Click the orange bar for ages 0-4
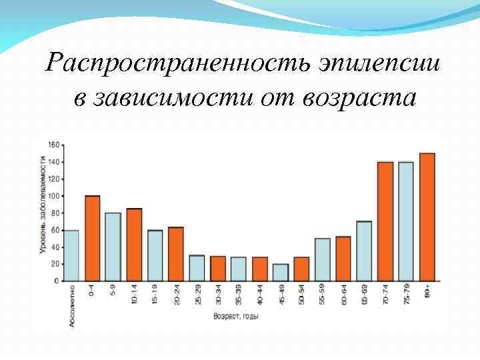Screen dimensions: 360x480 tap(93, 238)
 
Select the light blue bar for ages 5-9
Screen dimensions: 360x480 tap(113, 247)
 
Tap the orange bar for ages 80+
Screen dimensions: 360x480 tap(427, 217)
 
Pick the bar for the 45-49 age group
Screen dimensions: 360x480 tap(281, 272)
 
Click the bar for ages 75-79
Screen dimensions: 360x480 tap(405, 221)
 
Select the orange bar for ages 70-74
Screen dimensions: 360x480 tap(385, 221)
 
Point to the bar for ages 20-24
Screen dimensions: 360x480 tap(176, 254)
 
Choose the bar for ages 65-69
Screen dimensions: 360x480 tap(364, 251)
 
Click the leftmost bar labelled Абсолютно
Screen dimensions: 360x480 tap(71, 255)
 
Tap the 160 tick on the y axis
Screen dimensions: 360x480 tap(54, 145)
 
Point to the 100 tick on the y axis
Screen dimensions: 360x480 tap(54, 196)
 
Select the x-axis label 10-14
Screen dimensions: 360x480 tap(134, 295)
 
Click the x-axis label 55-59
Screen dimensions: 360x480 tap(323, 295)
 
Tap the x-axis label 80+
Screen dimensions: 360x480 tap(427, 291)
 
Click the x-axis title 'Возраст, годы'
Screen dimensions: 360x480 tap(236, 316)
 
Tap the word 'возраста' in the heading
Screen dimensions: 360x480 tap(359, 97)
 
